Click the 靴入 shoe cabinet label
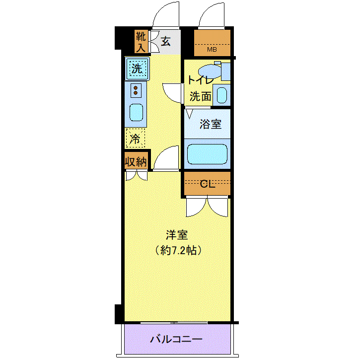coord(141,42)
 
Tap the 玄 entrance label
coord(165,42)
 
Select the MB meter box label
coord(212,49)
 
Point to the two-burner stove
coord(136,90)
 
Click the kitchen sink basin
coord(137,113)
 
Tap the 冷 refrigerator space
coord(135,138)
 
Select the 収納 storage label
coord(136,161)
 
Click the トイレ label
coord(200,80)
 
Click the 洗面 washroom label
coord(200,96)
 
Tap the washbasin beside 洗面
coord(222,95)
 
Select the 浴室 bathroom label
coord(211,124)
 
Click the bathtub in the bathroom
coord(207,153)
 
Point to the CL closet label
coord(208,184)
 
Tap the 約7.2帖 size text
coord(178,250)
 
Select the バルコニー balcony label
coord(176,340)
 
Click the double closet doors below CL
coord(207,206)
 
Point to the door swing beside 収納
coord(166,159)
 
